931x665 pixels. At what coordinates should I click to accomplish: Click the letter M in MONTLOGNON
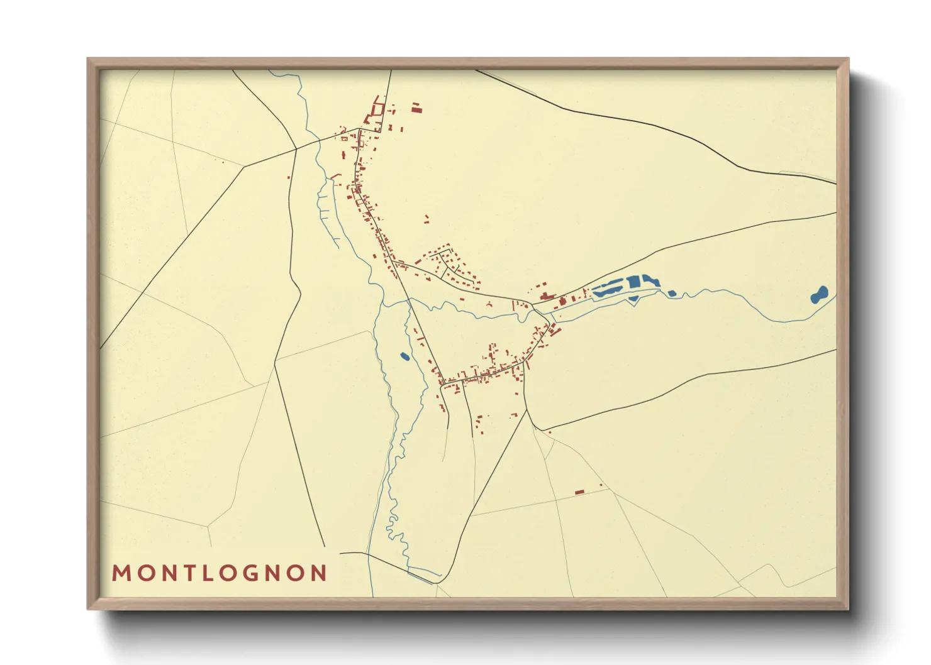121,573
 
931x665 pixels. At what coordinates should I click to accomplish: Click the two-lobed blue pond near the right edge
819,294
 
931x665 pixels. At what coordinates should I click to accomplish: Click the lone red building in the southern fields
579,492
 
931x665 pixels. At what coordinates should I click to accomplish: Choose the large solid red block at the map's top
416,109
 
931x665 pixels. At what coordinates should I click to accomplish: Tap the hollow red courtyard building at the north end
377,109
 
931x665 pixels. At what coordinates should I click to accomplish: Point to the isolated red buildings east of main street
426,219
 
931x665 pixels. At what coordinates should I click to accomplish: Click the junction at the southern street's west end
443,382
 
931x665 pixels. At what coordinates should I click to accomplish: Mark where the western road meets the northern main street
359,129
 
